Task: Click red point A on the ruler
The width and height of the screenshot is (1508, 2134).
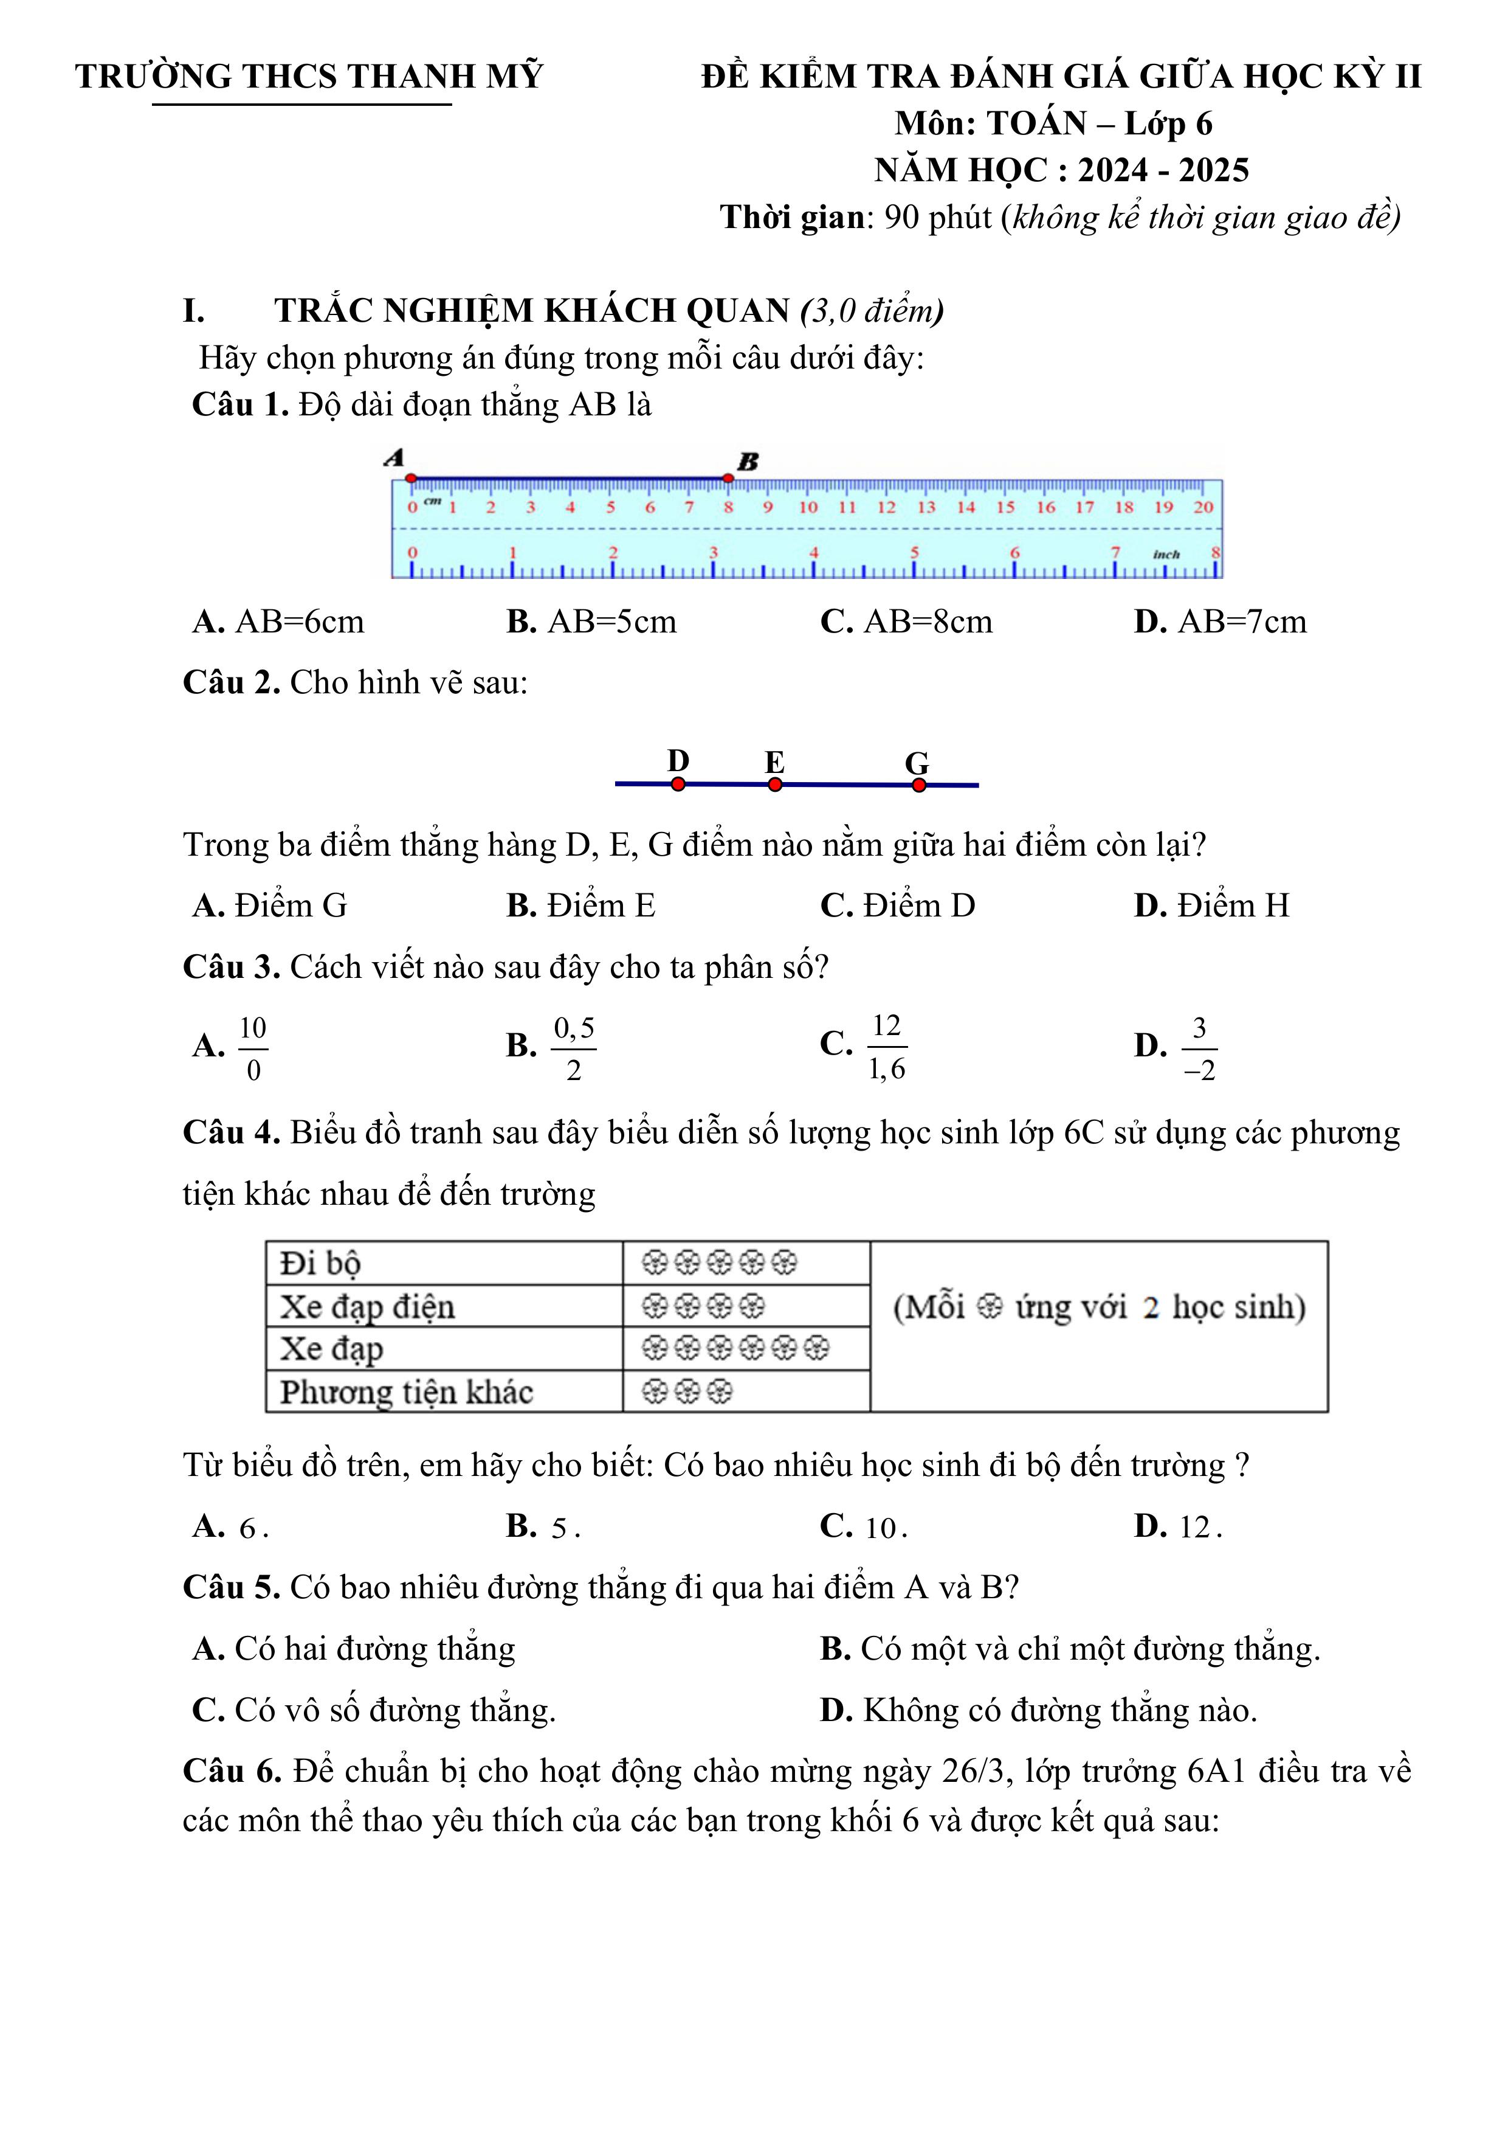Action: tap(411, 478)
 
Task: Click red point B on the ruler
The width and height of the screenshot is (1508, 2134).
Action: tap(728, 478)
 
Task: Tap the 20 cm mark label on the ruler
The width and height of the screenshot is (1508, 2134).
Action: tap(1203, 507)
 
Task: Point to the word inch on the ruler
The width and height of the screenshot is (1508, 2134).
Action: tap(1166, 554)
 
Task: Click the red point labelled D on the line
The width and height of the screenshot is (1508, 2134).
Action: tap(678, 785)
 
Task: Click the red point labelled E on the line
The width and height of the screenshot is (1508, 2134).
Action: tap(775, 785)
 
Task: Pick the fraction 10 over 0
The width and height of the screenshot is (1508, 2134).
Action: tap(253, 1048)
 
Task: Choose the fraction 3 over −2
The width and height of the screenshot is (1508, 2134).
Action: tap(1199, 1048)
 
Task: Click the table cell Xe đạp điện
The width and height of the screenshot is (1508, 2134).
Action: tap(368, 1307)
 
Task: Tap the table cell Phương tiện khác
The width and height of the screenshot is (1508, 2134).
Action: tap(407, 1391)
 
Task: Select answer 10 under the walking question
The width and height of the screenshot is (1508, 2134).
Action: tap(864, 1527)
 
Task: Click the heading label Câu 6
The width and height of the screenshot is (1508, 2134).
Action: tap(232, 1772)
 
